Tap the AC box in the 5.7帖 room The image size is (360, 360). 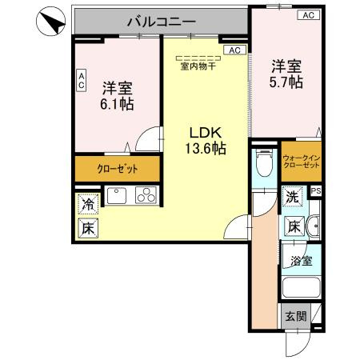[307, 15]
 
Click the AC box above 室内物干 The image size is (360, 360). [234, 50]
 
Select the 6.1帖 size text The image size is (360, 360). [116, 104]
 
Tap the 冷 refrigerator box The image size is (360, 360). [87, 205]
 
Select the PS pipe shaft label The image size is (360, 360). [316, 191]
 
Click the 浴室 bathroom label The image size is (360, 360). [300, 260]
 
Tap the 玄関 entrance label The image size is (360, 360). [294, 316]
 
